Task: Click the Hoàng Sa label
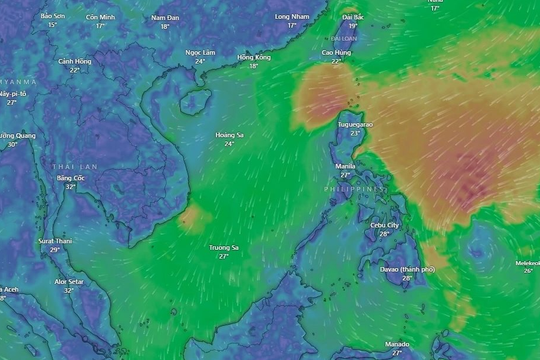click(229, 135)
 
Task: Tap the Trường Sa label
click(223, 247)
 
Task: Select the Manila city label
click(345, 165)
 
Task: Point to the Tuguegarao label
click(355, 124)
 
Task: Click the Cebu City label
click(385, 226)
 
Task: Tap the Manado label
click(397, 342)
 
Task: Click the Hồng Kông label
click(254, 57)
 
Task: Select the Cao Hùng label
click(336, 51)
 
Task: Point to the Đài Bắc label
click(352, 17)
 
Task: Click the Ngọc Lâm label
click(200, 51)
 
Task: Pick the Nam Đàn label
click(165, 17)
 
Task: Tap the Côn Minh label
click(100, 17)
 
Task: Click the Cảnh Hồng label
click(75, 61)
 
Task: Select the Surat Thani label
click(55, 241)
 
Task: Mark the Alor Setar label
click(69, 282)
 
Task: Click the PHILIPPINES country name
click(356, 189)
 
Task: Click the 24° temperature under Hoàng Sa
click(229, 144)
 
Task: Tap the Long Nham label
click(292, 17)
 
